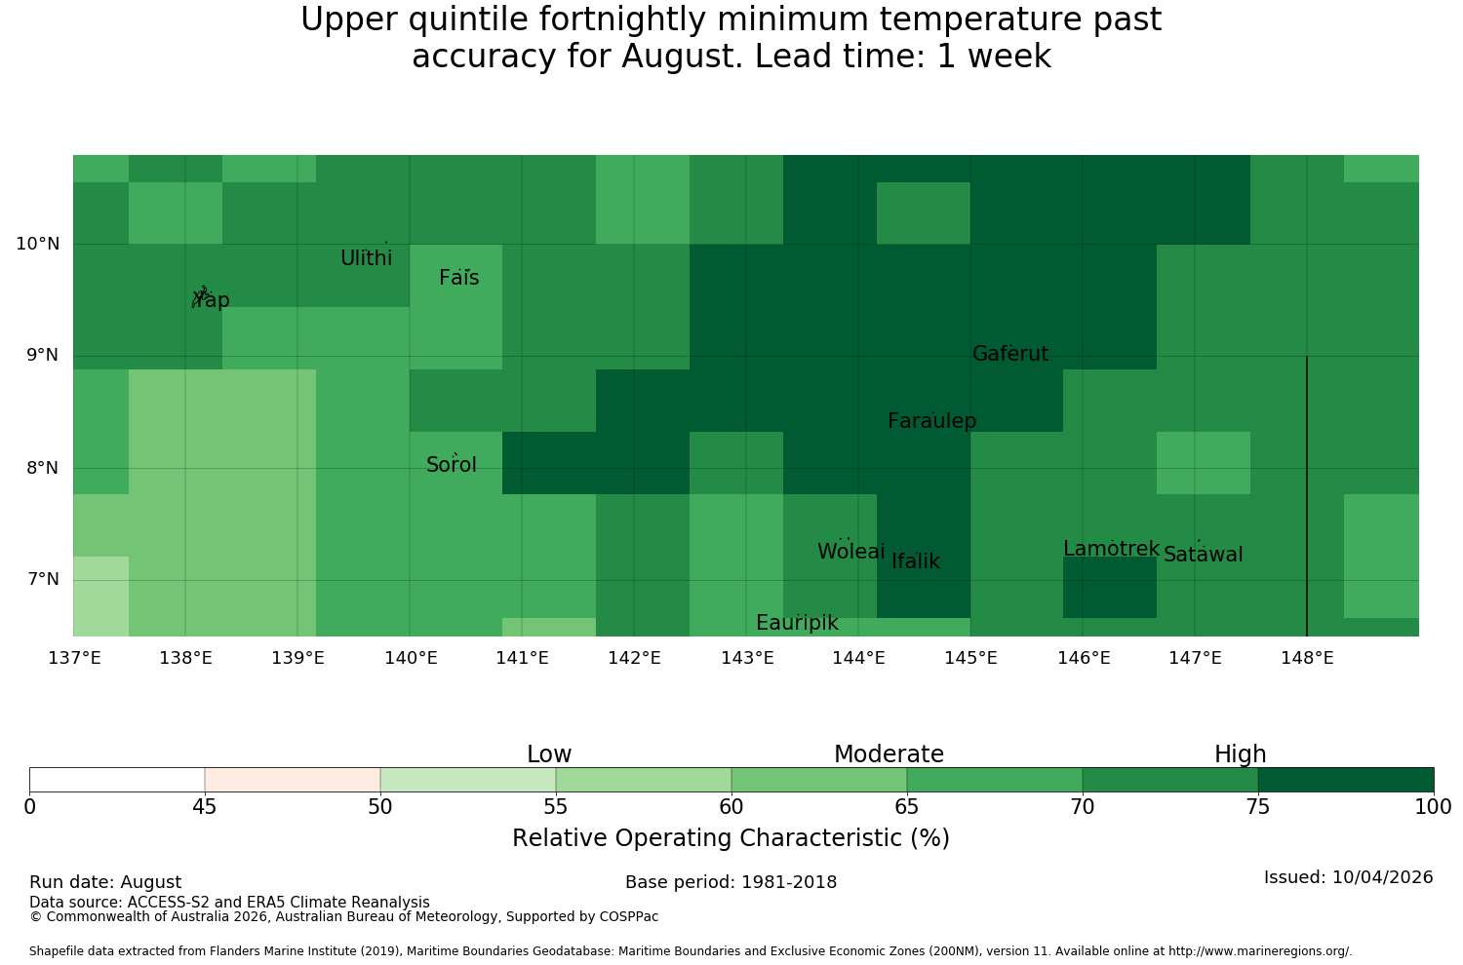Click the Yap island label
tap(211, 299)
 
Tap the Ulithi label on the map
tap(367, 258)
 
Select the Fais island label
tap(459, 278)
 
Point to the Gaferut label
tap(1010, 353)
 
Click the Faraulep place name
tap(932, 421)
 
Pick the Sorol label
tap(452, 465)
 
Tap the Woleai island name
tap(851, 551)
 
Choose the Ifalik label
tap(916, 560)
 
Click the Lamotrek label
tap(1111, 549)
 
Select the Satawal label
tap(1203, 555)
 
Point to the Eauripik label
tap(797, 623)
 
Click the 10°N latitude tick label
tap(38, 244)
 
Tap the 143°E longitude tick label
tap(746, 658)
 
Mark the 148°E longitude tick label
tap(1307, 658)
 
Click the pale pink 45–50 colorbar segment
tap(293, 780)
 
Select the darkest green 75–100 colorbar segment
tap(1345, 780)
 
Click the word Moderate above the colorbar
tap(889, 754)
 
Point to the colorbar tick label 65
tap(906, 807)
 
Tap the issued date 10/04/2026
tap(1383, 877)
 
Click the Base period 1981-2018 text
tap(731, 882)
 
